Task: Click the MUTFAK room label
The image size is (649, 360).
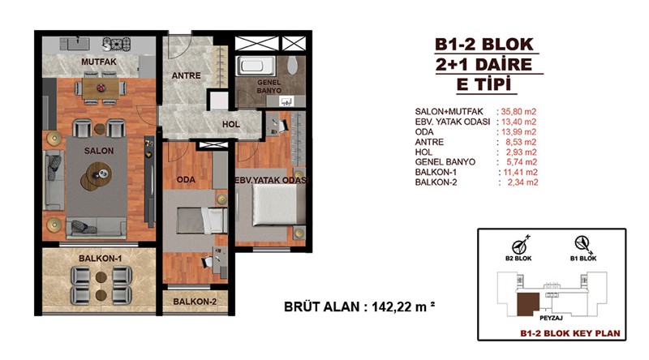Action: tap(98, 62)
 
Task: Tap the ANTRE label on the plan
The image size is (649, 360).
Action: tap(186, 75)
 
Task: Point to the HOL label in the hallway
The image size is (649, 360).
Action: tap(230, 124)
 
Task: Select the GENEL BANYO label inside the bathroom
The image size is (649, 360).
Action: tap(269, 86)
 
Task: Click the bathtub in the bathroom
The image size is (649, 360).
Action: tap(256, 66)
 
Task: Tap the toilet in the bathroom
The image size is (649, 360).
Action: tap(292, 66)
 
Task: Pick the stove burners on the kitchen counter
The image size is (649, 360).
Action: tap(116, 44)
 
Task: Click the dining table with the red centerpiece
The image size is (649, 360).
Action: tap(101, 89)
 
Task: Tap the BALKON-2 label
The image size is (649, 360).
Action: tap(195, 302)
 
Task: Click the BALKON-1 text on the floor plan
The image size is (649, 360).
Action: tap(100, 258)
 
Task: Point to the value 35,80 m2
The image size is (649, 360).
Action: tap(518, 112)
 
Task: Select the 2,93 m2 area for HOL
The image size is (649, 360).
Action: tap(521, 152)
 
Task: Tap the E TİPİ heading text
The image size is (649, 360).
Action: tap(484, 84)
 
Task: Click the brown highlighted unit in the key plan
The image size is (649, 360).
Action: tap(529, 304)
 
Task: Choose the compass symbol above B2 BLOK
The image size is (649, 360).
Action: tap(520, 245)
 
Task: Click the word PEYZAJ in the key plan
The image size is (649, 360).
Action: tap(551, 318)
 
